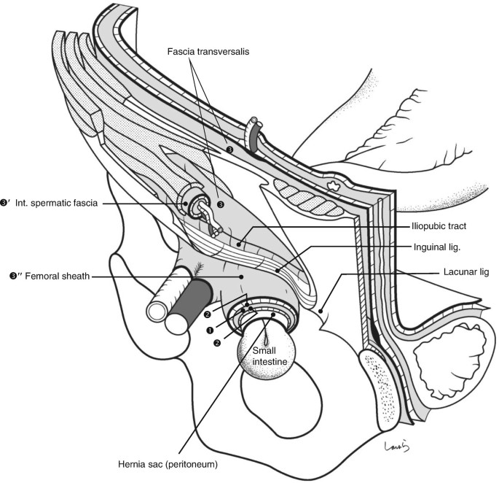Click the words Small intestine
pyautogui.click(x=264, y=356)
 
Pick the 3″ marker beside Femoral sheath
pyautogui.click(x=9, y=276)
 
